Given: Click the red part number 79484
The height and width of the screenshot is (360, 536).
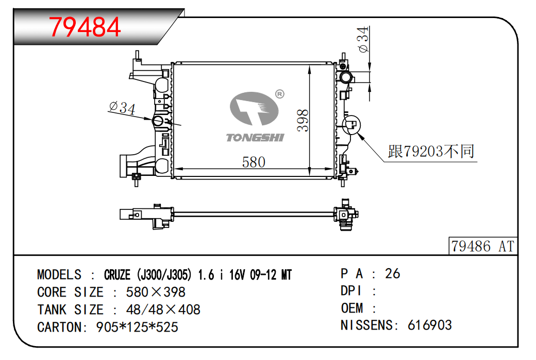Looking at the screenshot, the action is click(85, 27).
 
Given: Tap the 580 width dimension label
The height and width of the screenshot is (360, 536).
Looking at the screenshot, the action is click(254, 162).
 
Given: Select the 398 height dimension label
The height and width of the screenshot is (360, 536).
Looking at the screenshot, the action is click(303, 121).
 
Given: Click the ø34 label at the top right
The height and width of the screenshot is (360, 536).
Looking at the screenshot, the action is click(363, 39).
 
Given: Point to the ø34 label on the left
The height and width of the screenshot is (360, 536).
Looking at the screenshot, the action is click(122, 108).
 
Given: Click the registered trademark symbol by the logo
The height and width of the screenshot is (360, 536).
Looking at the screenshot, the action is click(280, 94).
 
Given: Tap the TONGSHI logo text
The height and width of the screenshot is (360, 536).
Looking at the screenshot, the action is click(255, 138).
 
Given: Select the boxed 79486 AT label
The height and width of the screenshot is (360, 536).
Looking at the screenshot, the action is click(483, 246).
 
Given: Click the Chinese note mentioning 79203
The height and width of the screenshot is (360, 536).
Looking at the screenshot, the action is click(431, 151).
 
